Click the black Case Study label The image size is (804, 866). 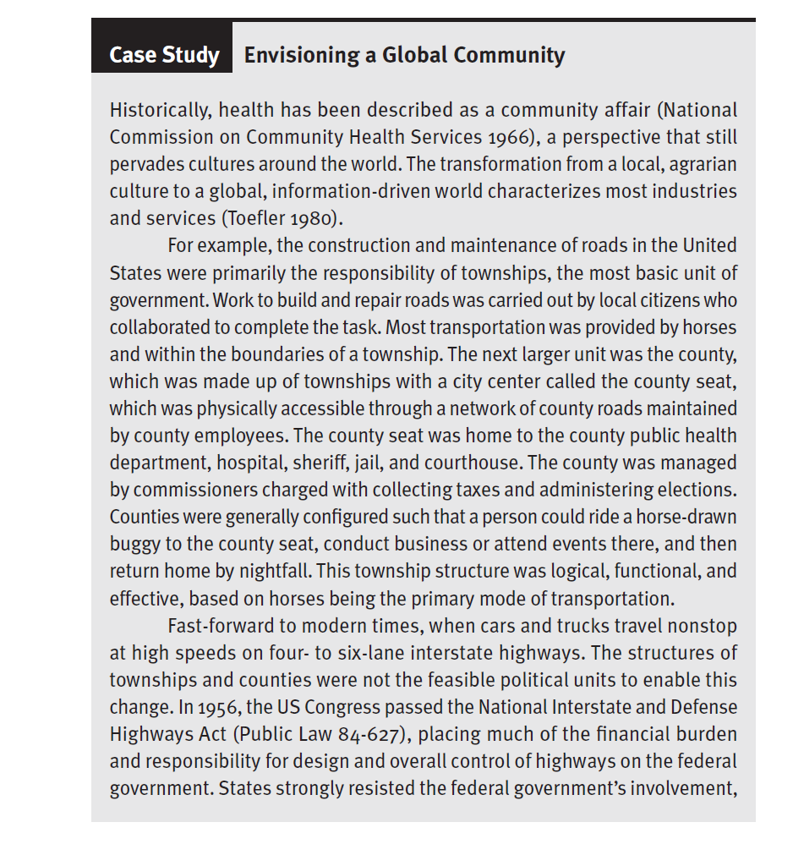coord(162,56)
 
